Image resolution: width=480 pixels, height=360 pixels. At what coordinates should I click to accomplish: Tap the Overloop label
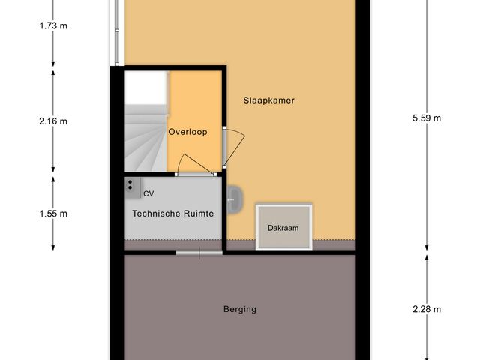(187, 131)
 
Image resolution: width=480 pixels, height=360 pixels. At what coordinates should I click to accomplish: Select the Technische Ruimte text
(173, 214)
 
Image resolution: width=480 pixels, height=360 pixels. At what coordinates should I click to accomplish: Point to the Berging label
(240, 308)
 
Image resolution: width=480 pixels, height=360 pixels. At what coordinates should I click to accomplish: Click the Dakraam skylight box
(283, 226)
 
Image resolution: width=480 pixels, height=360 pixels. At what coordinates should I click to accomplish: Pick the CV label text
(148, 194)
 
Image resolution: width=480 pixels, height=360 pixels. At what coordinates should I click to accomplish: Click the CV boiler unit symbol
(131, 186)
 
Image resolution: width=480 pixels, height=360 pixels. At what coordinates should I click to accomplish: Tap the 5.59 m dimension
(427, 118)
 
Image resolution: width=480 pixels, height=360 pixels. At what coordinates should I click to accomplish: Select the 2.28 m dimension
(427, 308)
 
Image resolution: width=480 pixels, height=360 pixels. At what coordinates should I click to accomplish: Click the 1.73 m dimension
(52, 26)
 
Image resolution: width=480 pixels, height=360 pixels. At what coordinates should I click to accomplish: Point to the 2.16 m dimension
(52, 121)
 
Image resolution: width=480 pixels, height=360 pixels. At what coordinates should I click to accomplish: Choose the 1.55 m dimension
(52, 214)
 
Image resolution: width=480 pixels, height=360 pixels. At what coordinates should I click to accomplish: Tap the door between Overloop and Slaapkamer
(232, 146)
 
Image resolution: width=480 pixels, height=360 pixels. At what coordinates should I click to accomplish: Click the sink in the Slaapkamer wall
(234, 199)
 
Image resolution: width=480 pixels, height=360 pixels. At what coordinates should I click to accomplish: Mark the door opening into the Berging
(199, 253)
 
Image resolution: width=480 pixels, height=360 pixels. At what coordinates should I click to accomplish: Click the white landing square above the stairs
(145, 88)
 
